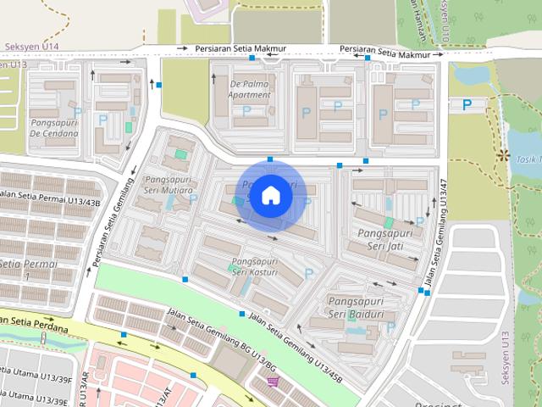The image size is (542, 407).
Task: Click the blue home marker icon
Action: click(270, 195)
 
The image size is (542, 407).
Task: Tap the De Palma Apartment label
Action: click(250, 89)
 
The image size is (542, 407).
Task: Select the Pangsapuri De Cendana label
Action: click(53, 127)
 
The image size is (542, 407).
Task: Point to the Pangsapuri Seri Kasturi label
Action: click(255, 266)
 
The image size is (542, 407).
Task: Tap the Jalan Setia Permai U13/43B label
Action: click(51, 198)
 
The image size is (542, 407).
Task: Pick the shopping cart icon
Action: click(273, 382)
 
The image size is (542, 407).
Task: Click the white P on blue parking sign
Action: click(467, 104)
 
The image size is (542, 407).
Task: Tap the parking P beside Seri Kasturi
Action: click(308, 273)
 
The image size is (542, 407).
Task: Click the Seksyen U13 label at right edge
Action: click(507, 357)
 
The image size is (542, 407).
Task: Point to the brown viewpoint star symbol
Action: click(506, 154)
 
